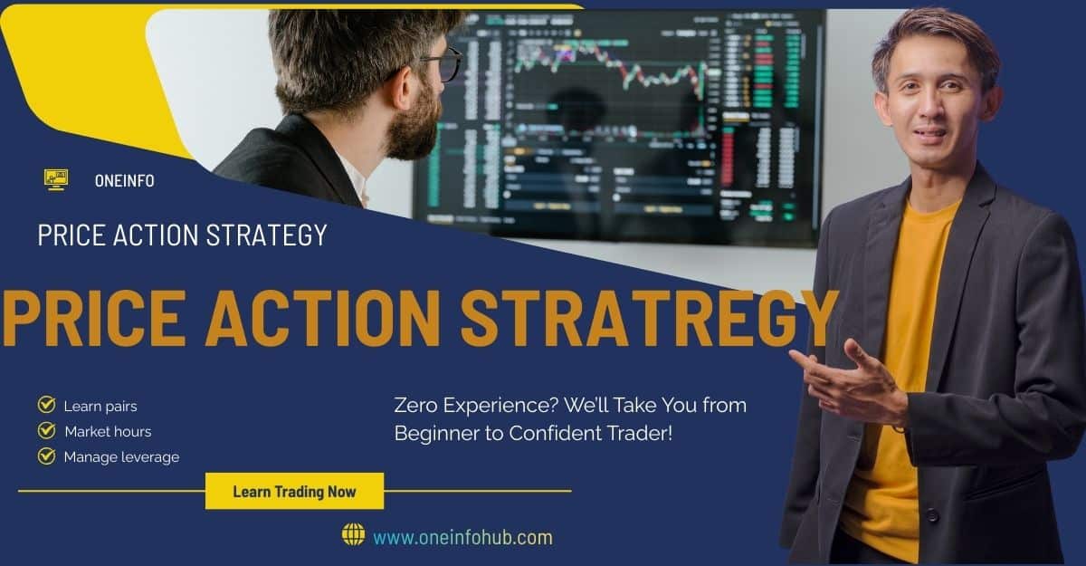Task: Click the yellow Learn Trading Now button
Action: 294,492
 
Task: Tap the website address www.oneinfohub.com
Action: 462,537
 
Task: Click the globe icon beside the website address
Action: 353,534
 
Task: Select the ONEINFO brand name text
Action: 124,180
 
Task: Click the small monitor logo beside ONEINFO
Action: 56,178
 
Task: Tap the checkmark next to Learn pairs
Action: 47,405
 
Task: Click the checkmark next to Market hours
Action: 47,430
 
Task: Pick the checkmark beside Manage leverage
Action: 47,456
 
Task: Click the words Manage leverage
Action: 121,456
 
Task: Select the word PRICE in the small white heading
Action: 76,235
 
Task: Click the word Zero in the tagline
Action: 414,405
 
